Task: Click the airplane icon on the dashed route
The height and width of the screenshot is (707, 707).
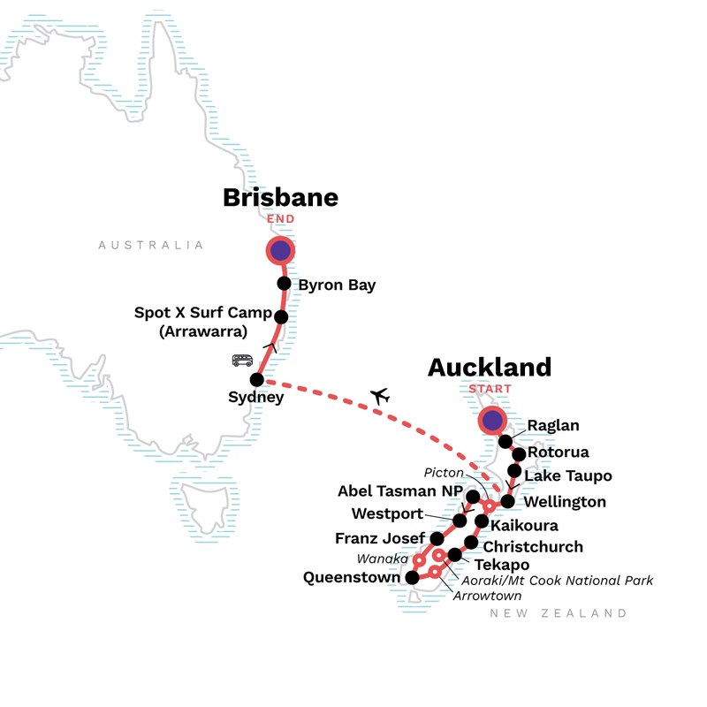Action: coord(381,396)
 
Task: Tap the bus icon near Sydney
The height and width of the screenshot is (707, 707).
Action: coord(242,360)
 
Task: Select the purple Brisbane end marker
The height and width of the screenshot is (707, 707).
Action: coord(280,252)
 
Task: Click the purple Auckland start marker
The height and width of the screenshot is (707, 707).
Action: coord(491,421)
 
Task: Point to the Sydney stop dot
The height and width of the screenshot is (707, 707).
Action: coord(257,380)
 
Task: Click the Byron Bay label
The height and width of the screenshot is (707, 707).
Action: coord(337,285)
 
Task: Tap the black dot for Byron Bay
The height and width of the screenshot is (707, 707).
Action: coord(284,284)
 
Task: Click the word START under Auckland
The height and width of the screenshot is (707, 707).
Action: coord(490,388)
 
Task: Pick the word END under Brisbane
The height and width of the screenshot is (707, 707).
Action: coord(280,219)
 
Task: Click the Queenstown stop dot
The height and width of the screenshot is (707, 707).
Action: coord(412,577)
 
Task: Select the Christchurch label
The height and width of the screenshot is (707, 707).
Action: coord(534,546)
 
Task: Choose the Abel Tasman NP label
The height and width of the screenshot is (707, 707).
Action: coord(399,491)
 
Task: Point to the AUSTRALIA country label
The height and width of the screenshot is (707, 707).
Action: coord(151,245)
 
